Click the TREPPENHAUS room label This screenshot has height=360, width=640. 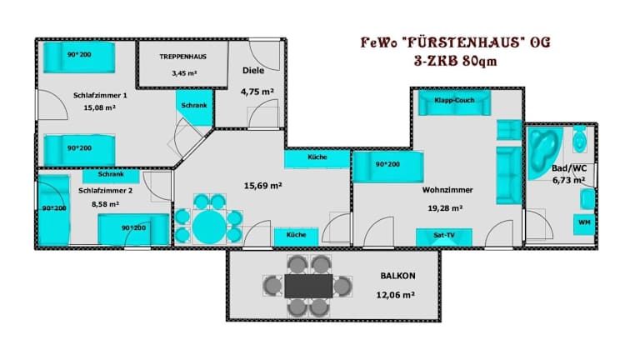182,57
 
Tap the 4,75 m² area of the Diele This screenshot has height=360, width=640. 257,92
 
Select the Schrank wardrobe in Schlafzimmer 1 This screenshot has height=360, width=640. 195,107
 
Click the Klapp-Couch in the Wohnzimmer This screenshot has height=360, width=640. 455,102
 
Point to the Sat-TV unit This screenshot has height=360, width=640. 444,237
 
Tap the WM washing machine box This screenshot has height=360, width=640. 584,224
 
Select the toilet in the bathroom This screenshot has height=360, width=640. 580,139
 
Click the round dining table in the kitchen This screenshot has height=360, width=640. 209,227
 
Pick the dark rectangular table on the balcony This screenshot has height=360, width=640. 308,286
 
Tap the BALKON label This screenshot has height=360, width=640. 398,276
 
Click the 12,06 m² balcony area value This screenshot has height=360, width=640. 396,295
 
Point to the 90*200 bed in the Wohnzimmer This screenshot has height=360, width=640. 387,167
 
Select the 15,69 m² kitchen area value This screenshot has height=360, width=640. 262,186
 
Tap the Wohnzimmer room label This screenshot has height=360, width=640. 447,190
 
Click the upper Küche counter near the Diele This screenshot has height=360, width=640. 317,159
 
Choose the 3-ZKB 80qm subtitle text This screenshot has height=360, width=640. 456,62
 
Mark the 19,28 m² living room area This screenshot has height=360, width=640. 445,208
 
